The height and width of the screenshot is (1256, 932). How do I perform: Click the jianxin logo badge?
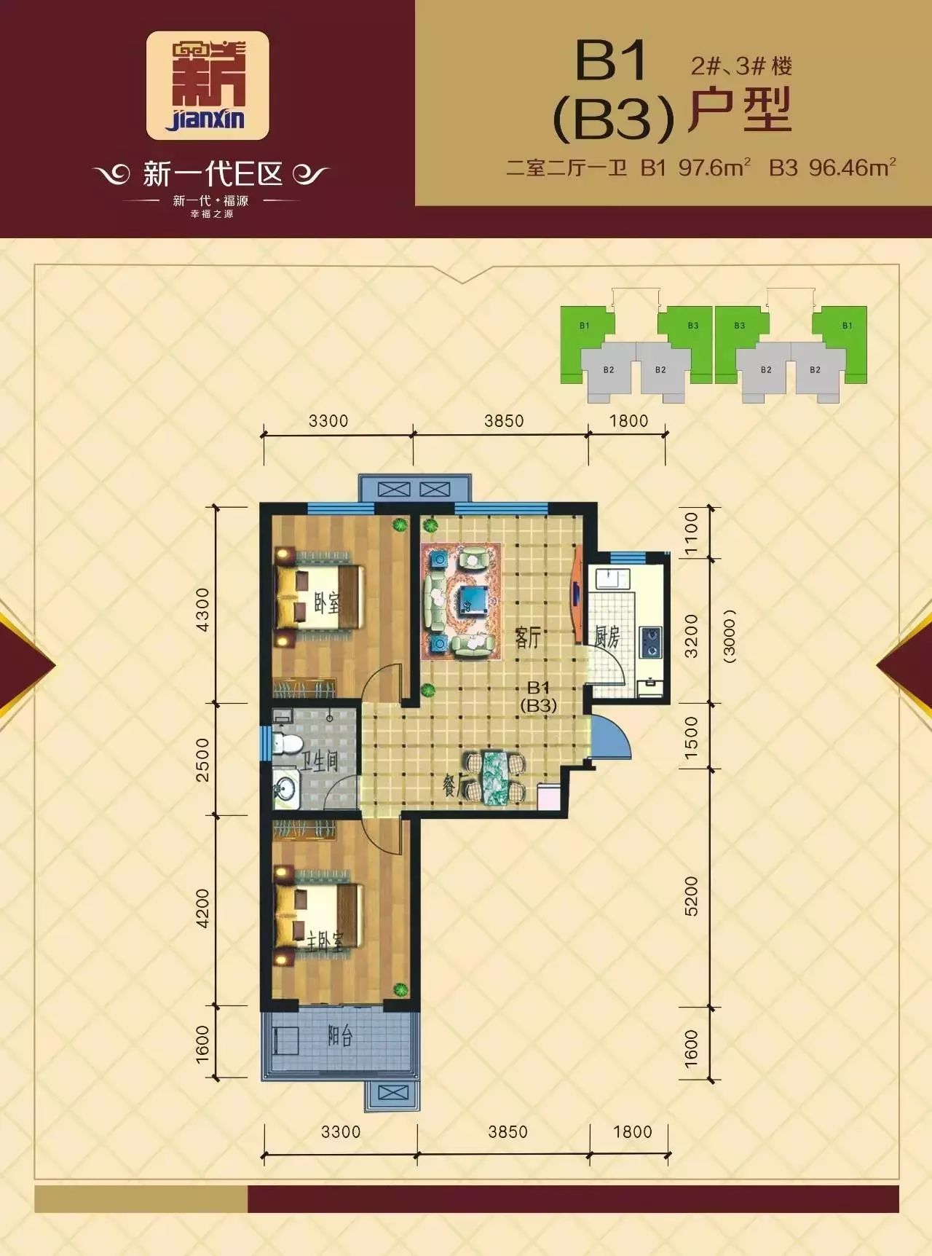[x=208, y=85]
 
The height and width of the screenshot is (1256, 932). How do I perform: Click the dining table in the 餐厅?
[x=497, y=777]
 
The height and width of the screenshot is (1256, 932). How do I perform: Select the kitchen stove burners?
[x=650, y=642]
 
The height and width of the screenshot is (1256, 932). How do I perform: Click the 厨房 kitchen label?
[x=607, y=637]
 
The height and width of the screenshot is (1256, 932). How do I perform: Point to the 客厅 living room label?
[x=528, y=637]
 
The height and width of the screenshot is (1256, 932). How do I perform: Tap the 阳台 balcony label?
[x=339, y=1036]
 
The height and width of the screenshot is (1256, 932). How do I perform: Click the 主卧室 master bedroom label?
[x=324, y=943]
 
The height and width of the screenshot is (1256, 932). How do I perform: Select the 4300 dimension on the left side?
[x=202, y=609]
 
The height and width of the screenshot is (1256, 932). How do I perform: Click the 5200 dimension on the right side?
[x=691, y=896]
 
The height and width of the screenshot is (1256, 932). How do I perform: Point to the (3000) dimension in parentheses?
[x=730, y=635]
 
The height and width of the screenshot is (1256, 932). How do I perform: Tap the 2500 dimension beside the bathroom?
[x=202, y=760]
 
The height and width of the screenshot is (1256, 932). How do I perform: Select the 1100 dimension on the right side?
[x=691, y=533]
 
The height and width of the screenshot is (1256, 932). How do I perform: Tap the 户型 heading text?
[x=740, y=110]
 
